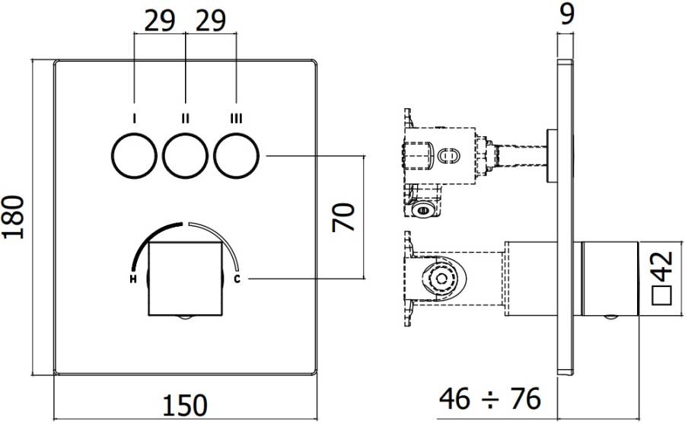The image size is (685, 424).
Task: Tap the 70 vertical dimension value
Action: click(345, 218)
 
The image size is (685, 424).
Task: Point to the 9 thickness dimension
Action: click(566, 14)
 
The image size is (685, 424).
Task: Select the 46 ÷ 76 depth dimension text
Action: click(489, 398)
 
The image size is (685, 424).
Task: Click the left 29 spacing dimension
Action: click(159, 21)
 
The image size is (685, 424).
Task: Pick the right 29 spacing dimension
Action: click(210, 21)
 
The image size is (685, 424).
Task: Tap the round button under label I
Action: click(134, 156)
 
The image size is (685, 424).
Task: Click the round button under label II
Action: click(185, 156)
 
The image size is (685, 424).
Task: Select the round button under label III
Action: click(237, 156)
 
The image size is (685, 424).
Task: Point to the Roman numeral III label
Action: click(237, 118)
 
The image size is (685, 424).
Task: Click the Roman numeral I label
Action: click(134, 118)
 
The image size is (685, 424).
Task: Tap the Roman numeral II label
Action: click(185, 118)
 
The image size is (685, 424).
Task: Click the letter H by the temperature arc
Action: click(133, 279)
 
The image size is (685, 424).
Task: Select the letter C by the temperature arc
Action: click(237, 279)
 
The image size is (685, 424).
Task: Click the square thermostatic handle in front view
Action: click(185, 278)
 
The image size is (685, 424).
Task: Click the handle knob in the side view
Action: click(607, 278)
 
